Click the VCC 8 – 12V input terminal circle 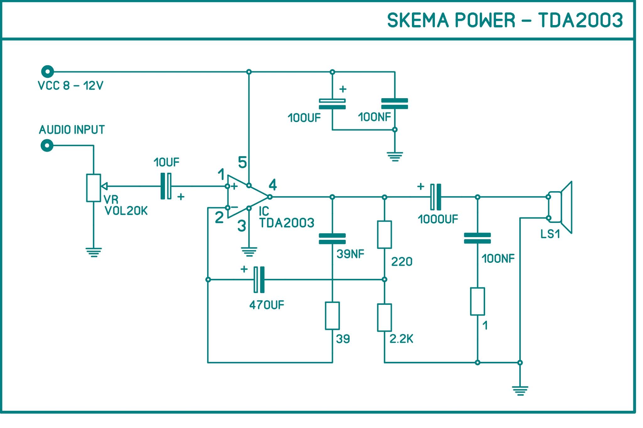click(47, 72)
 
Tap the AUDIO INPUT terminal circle click(47, 145)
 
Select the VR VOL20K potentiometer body click(94, 188)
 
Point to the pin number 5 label click(242, 162)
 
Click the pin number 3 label click(241, 226)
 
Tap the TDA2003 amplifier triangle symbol click(245, 197)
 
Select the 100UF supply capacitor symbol click(332, 104)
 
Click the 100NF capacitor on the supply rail click(395, 104)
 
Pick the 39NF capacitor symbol click(332, 239)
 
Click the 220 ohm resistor click(384, 235)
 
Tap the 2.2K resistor click(384, 317)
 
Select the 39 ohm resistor click(332, 316)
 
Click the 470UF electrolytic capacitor click(259, 279)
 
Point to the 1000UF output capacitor click(435, 197)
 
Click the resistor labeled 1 click(477, 301)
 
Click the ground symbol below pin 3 click(249, 252)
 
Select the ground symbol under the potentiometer click(94, 252)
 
